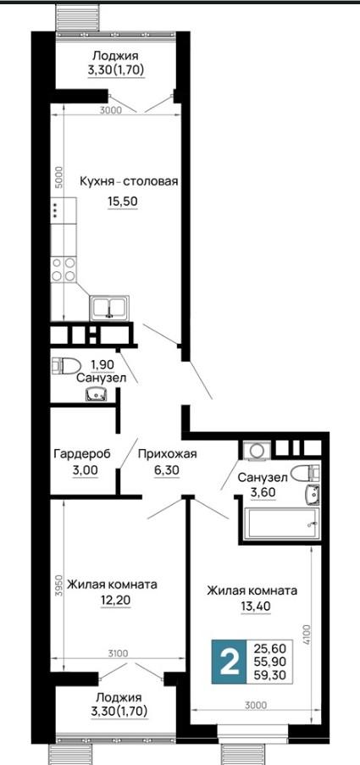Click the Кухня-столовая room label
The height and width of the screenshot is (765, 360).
coord(129,181)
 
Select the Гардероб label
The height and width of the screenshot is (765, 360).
coord(82,454)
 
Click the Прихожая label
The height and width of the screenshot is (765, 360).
coord(167,454)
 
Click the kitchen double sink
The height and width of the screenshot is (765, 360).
coord(109,308)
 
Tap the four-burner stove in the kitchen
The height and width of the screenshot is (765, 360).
coord(64,269)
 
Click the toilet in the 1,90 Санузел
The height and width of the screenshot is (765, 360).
coord(66,365)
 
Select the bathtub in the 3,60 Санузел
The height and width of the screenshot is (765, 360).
coord(281,524)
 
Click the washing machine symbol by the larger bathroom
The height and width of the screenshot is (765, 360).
coord(257,451)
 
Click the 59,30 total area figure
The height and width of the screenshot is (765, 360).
coord(269,675)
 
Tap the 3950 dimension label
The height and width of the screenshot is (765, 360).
coord(58,587)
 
